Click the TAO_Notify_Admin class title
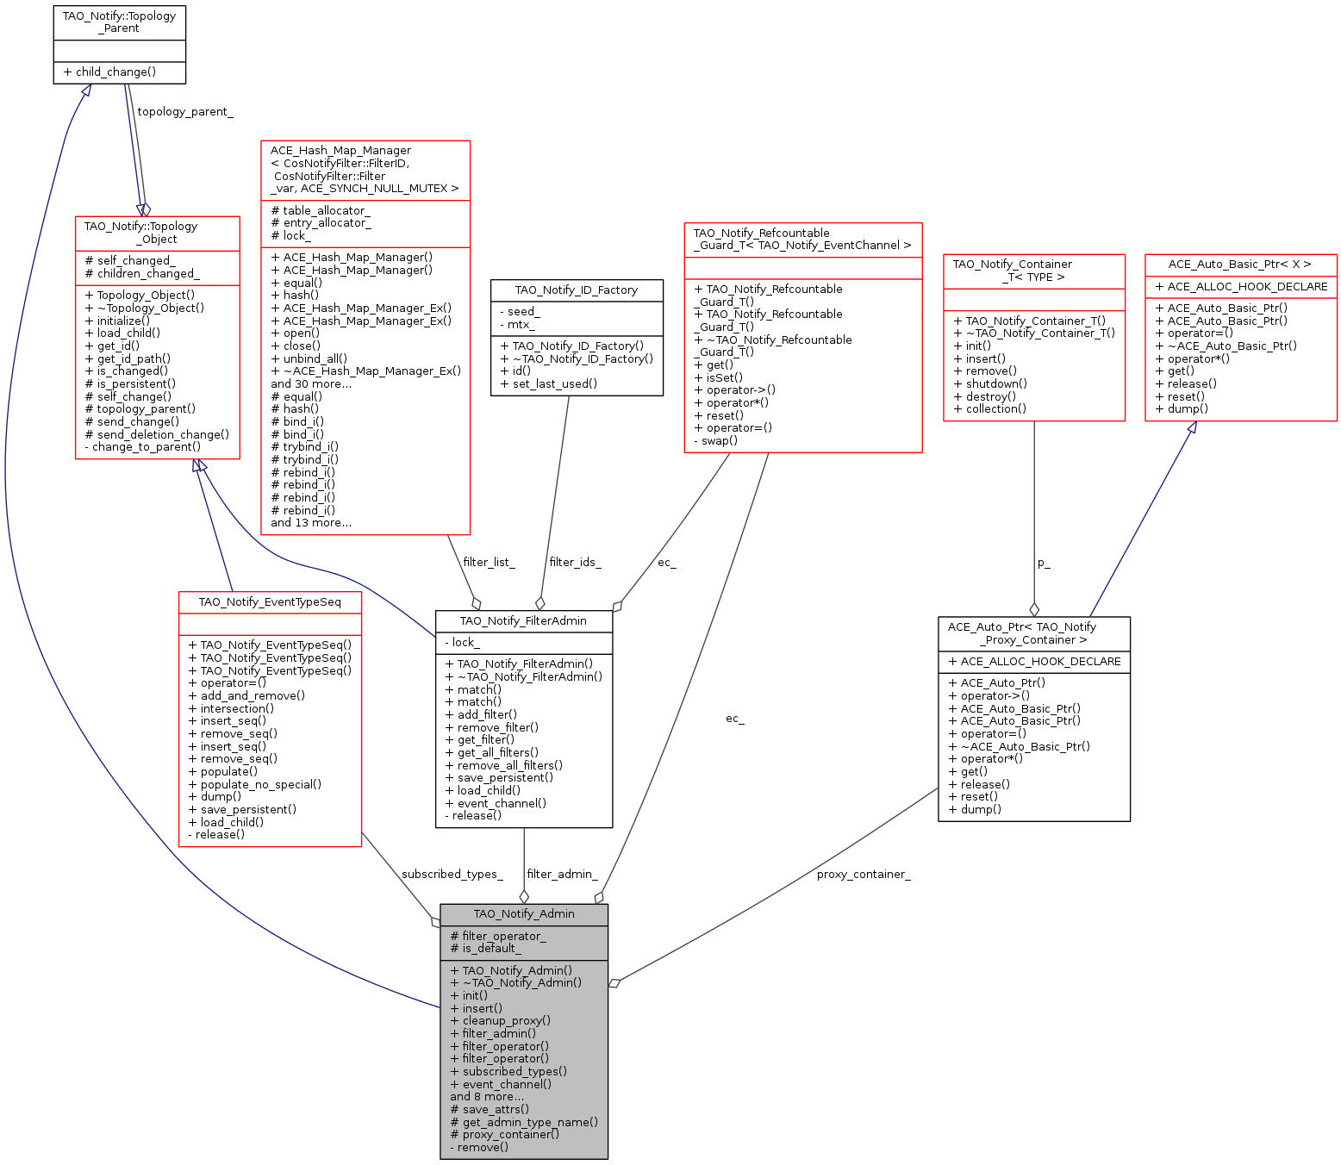tap(524, 914)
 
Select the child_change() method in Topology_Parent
tap(109, 72)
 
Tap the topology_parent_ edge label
tap(185, 112)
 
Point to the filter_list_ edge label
tap(489, 563)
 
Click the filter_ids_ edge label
tap(575, 563)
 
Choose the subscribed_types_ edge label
tap(452, 875)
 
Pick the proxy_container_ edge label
tap(864, 875)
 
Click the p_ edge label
tap(1044, 564)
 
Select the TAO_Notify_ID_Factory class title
tap(577, 290)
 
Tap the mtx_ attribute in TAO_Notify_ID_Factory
tap(517, 325)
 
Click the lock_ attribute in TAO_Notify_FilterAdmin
tap(462, 643)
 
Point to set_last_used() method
tap(548, 384)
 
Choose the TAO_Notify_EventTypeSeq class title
tap(270, 602)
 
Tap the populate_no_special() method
tap(254, 785)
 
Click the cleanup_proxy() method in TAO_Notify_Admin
tap(500, 1021)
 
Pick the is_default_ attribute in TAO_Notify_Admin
tap(485, 949)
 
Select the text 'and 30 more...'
tap(310, 384)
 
